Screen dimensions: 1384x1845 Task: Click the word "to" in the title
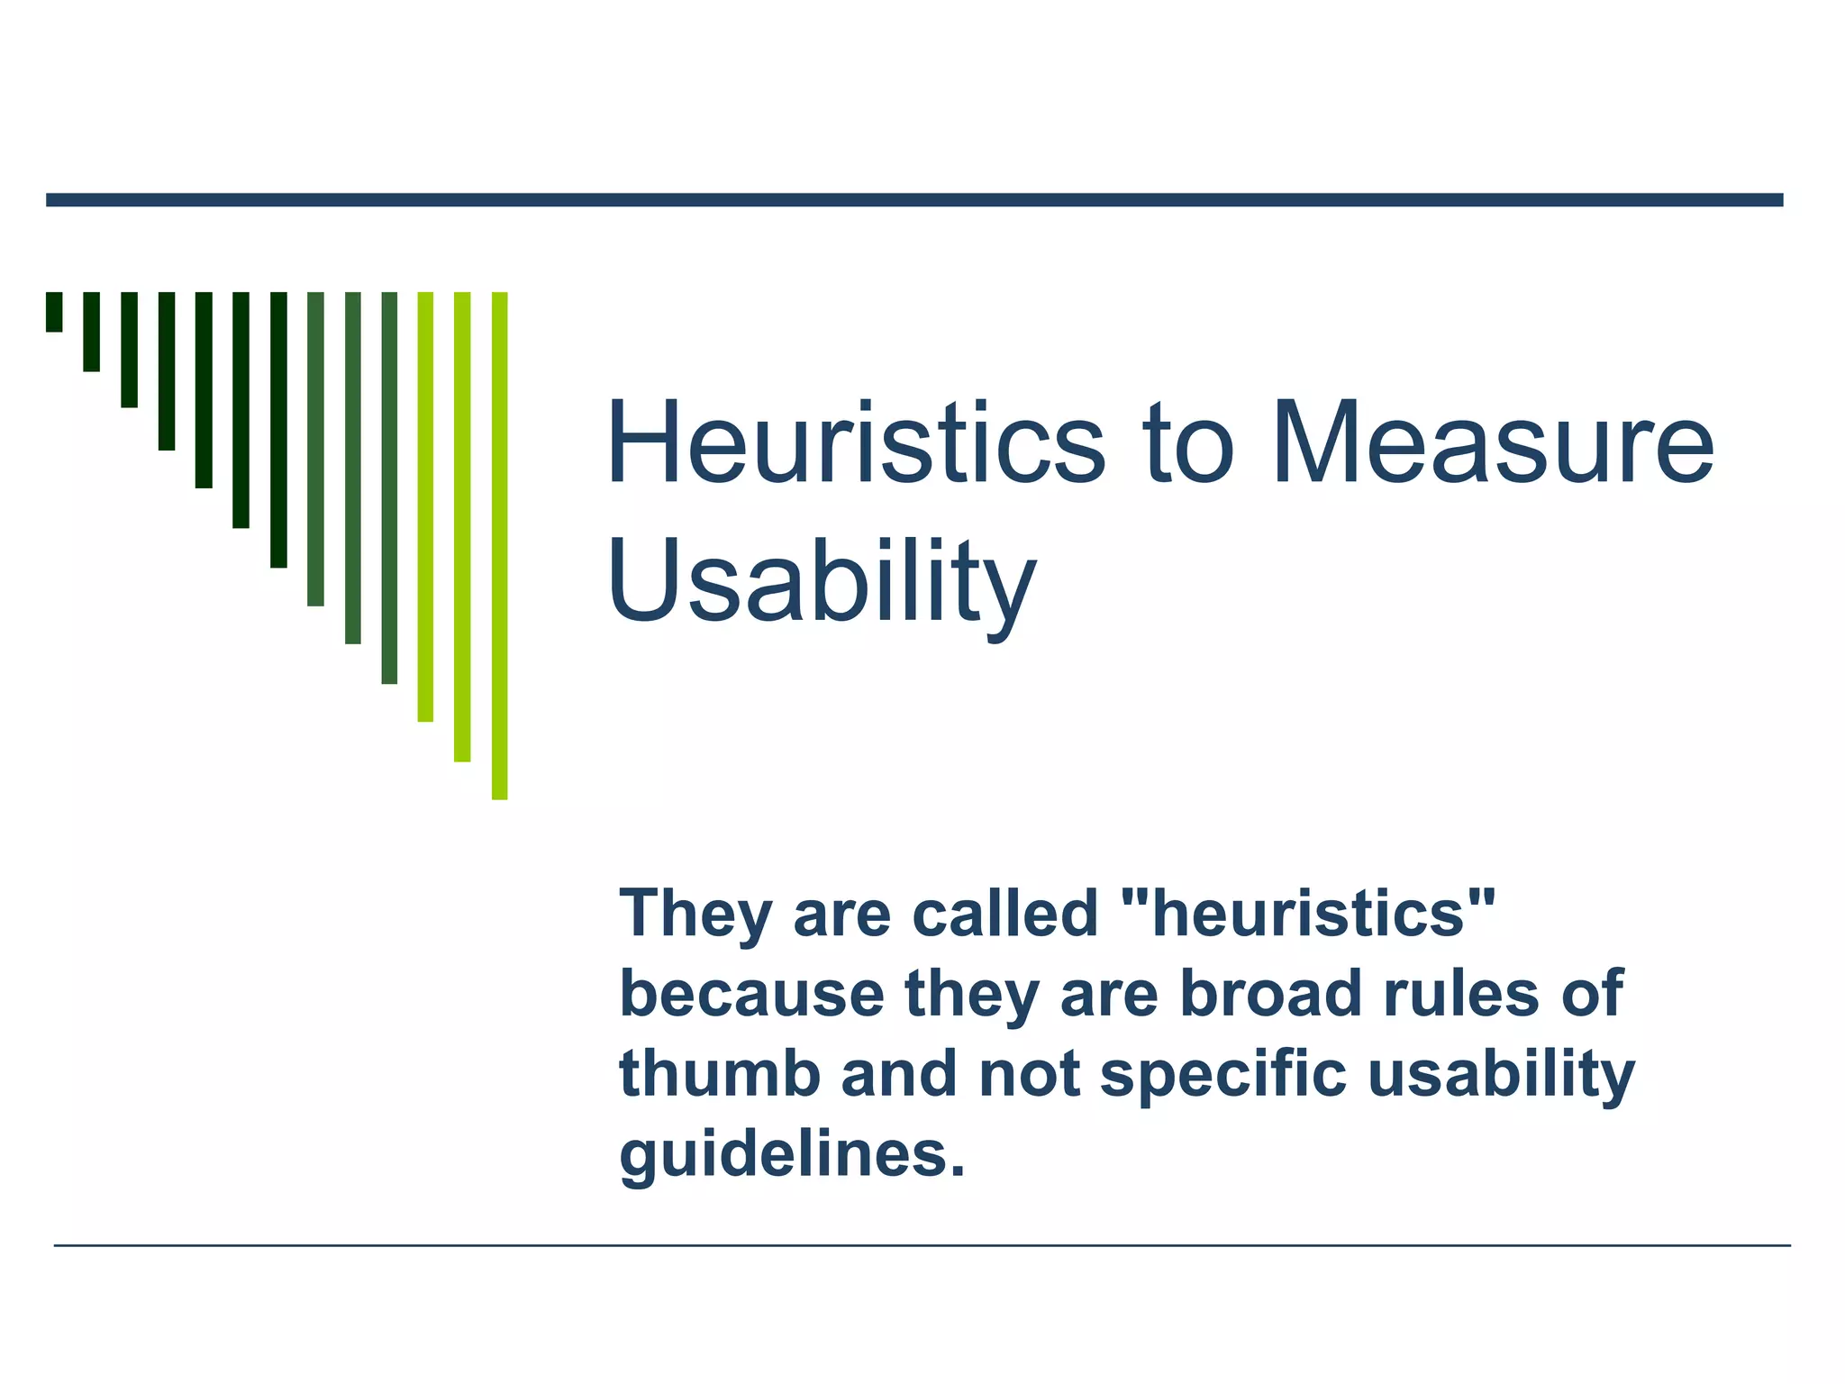[1187, 444]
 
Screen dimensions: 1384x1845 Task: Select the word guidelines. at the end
[792, 1155]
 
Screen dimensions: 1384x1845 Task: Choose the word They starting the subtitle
[695, 913]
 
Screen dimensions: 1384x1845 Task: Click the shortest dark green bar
[54, 312]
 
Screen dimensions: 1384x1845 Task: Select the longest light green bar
[499, 545]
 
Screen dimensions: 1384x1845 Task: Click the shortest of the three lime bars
[425, 506]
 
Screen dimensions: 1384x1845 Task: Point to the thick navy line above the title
[914, 200]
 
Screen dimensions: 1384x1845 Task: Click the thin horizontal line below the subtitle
[922, 1245]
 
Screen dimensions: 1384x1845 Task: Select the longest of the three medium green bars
[389, 487]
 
